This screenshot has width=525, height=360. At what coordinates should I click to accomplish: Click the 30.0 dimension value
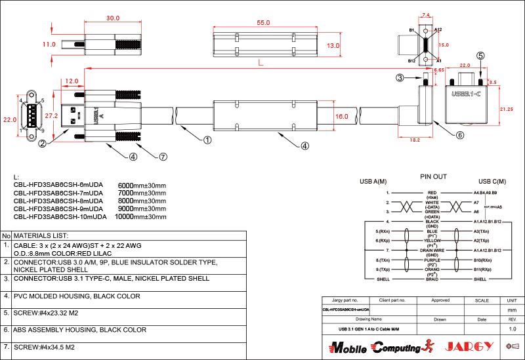(x=113, y=18)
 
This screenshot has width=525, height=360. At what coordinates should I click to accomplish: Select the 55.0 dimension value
(x=263, y=22)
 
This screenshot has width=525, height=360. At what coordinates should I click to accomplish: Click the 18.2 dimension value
(x=415, y=140)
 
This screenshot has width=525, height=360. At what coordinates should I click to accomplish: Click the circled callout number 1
(x=207, y=140)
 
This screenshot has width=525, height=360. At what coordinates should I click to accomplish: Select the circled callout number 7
(x=163, y=157)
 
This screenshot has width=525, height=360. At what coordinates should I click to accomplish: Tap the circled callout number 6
(x=460, y=135)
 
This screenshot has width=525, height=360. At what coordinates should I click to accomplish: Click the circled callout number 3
(x=400, y=78)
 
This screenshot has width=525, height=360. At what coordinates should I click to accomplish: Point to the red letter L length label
(x=261, y=63)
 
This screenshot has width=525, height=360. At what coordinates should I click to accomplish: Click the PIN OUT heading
(x=433, y=177)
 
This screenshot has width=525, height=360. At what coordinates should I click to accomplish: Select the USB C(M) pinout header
(x=492, y=182)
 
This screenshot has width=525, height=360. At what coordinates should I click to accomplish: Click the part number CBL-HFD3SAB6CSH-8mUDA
(x=60, y=201)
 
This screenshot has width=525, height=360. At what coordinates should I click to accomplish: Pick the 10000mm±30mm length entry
(x=140, y=216)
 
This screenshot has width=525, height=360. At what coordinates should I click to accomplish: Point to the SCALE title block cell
(x=481, y=300)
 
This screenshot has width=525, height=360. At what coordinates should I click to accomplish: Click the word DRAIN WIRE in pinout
(x=432, y=250)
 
